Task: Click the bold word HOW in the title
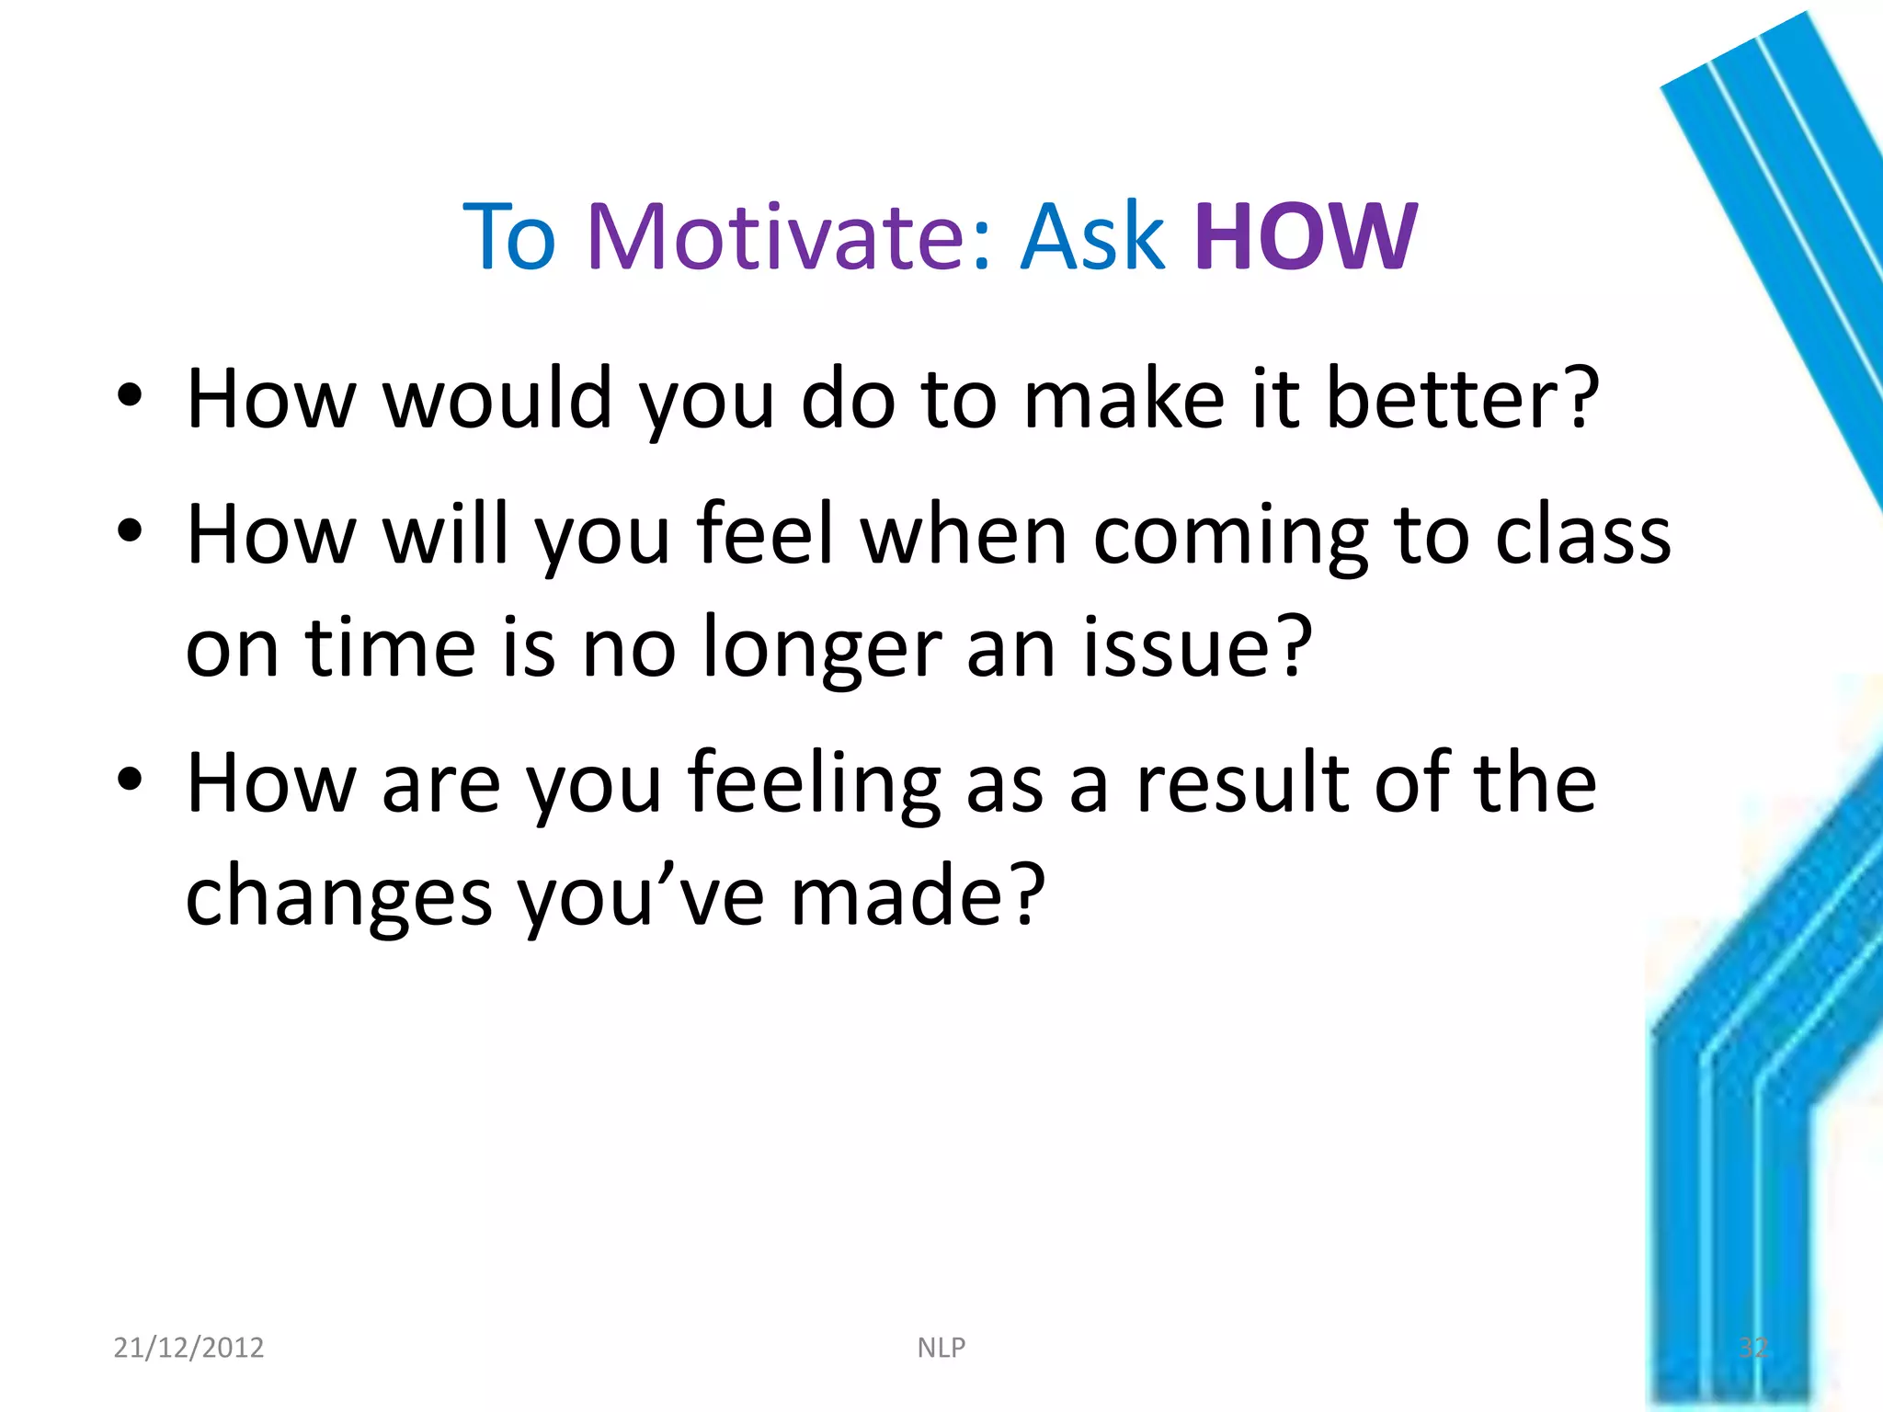click(1306, 237)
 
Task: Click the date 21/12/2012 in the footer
click(188, 1347)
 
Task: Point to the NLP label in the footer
click(941, 1347)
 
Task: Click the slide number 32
click(1752, 1347)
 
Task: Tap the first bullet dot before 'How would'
click(130, 396)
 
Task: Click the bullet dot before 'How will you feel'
click(130, 531)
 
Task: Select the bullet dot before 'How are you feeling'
click(130, 780)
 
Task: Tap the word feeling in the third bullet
click(814, 784)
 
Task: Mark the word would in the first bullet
click(497, 399)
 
